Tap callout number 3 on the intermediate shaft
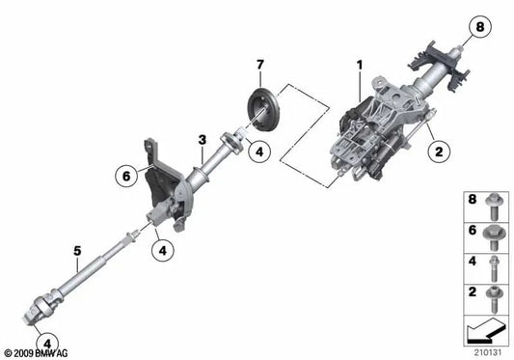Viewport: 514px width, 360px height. pyautogui.click(x=202, y=141)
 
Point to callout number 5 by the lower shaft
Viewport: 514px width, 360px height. pyautogui.click(x=77, y=255)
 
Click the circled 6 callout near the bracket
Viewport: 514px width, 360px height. pyautogui.click(x=126, y=176)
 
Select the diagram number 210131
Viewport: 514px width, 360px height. pyautogui.click(x=488, y=350)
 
